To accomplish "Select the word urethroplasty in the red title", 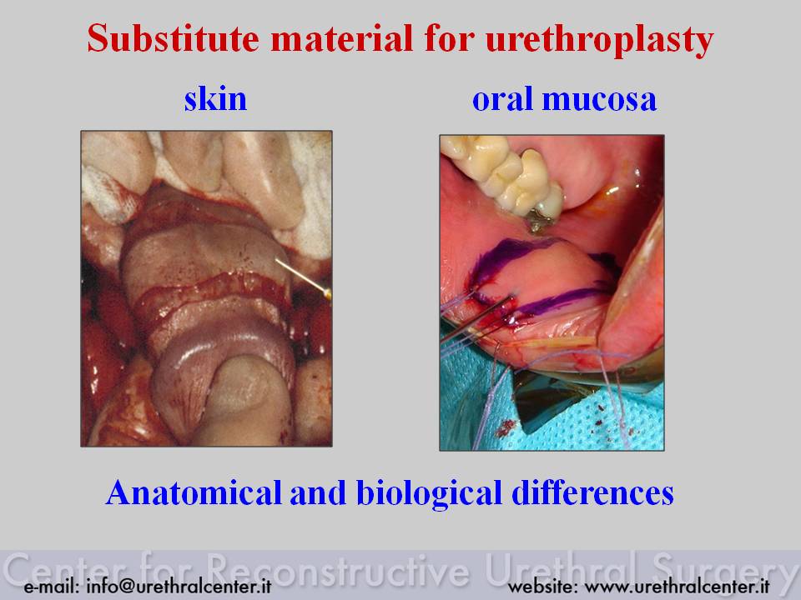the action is (600, 41).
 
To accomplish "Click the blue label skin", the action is (215, 98).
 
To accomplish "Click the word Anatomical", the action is (194, 492).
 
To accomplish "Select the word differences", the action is (592, 492).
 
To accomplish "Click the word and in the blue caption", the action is (318, 492).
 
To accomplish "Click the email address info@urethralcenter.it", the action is (179, 586).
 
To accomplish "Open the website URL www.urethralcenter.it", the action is (677, 586).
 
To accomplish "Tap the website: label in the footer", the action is (543, 586).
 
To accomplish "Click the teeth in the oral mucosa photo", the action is (503, 173).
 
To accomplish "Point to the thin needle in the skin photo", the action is (302, 278).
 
